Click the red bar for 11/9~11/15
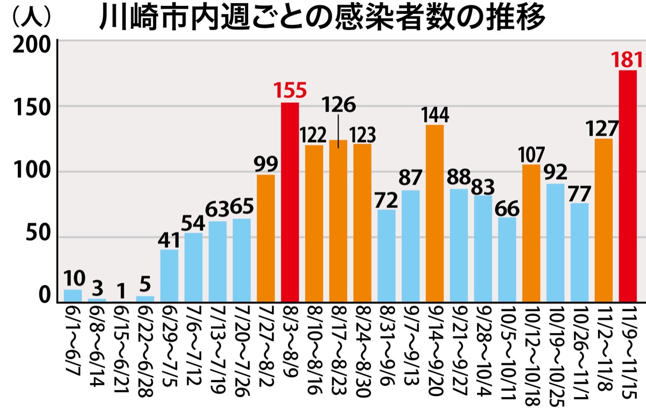[x=628, y=186]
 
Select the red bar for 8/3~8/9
[x=290, y=202]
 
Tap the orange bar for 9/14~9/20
[x=434, y=213]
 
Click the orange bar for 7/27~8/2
[x=266, y=238]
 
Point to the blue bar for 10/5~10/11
[x=507, y=260]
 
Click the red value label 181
[x=628, y=59]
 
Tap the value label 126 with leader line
[x=338, y=104]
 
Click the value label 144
[x=436, y=115]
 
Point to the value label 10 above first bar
[x=73, y=279]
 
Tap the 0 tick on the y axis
[x=45, y=296]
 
